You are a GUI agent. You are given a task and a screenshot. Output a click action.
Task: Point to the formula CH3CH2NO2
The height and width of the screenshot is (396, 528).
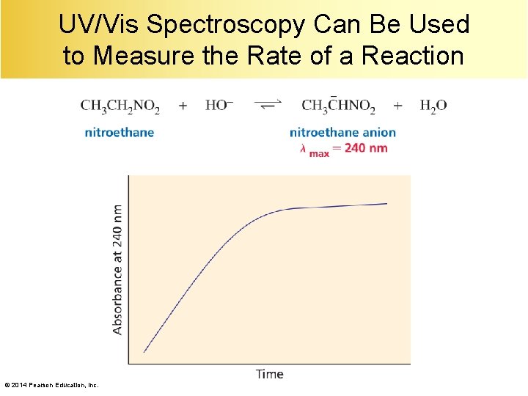point(120,106)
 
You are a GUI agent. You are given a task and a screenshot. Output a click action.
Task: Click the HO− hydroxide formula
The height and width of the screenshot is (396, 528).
point(219,106)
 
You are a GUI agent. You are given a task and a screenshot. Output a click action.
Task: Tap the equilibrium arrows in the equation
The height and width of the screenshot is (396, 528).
point(268,105)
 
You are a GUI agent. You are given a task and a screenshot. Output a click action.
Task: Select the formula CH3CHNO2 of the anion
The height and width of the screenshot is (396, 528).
point(338,106)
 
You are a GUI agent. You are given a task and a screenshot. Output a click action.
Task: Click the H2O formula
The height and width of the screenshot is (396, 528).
point(433,106)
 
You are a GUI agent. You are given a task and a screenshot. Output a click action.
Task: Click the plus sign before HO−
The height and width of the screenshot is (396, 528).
point(183,106)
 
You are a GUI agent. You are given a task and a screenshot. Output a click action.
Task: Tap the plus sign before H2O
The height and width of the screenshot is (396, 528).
point(397,106)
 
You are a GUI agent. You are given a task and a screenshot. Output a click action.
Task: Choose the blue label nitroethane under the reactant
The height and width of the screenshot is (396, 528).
point(120,133)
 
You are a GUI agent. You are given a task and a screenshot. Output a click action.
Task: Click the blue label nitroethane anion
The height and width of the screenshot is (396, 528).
point(342,133)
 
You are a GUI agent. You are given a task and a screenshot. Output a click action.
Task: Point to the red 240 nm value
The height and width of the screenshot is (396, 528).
point(365,147)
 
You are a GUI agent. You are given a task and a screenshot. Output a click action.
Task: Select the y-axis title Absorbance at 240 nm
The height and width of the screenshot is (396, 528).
point(118,269)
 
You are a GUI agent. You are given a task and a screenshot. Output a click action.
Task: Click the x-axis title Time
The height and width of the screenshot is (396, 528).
point(269,374)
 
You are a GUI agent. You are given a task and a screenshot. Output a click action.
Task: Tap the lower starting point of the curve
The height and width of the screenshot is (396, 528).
point(144,352)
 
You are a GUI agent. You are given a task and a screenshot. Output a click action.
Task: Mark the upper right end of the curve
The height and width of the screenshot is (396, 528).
point(386,203)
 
